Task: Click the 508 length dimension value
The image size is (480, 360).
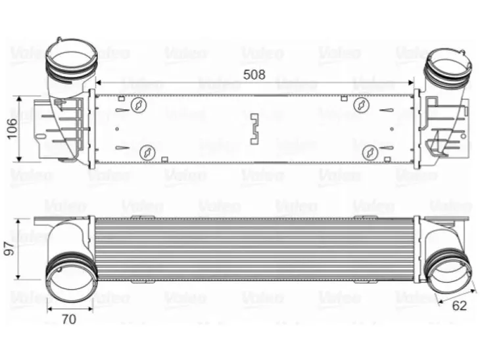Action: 254,75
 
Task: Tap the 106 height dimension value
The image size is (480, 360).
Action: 12,129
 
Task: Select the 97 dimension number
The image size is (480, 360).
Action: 10,249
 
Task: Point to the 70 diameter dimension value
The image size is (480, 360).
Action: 69,319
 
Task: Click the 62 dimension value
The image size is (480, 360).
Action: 459,305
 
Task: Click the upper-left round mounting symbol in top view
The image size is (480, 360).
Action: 139,105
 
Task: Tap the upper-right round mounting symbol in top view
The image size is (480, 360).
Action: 361,105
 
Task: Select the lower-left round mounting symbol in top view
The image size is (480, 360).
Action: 147,152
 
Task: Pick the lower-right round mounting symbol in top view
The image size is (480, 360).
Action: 370,152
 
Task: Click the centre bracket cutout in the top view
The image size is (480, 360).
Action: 254,129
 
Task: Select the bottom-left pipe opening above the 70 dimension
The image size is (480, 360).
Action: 70,277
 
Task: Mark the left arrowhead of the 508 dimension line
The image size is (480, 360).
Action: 98,82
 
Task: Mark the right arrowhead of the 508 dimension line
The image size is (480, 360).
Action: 411,82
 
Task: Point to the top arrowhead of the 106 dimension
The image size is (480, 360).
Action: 19,99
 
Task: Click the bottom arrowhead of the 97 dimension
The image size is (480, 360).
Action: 18,277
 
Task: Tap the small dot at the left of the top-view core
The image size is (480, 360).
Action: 117,129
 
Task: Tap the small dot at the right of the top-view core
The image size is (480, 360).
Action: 392,129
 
